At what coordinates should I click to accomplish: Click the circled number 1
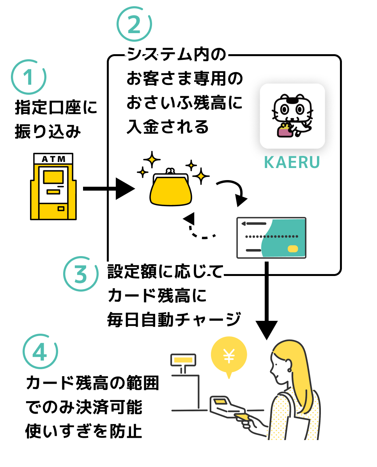coord(29,77)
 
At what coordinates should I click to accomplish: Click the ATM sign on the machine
coord(53,159)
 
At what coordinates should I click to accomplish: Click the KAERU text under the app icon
coord(292,163)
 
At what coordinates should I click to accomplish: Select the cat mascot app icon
coord(292,116)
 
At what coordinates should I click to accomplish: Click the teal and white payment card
coord(271,238)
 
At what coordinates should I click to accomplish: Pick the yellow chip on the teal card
coord(293,249)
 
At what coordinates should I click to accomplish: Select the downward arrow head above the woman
coord(267,329)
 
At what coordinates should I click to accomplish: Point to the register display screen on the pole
coord(183,359)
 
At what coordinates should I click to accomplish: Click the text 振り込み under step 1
coord(48,132)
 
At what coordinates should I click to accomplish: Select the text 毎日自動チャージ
coord(173,319)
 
